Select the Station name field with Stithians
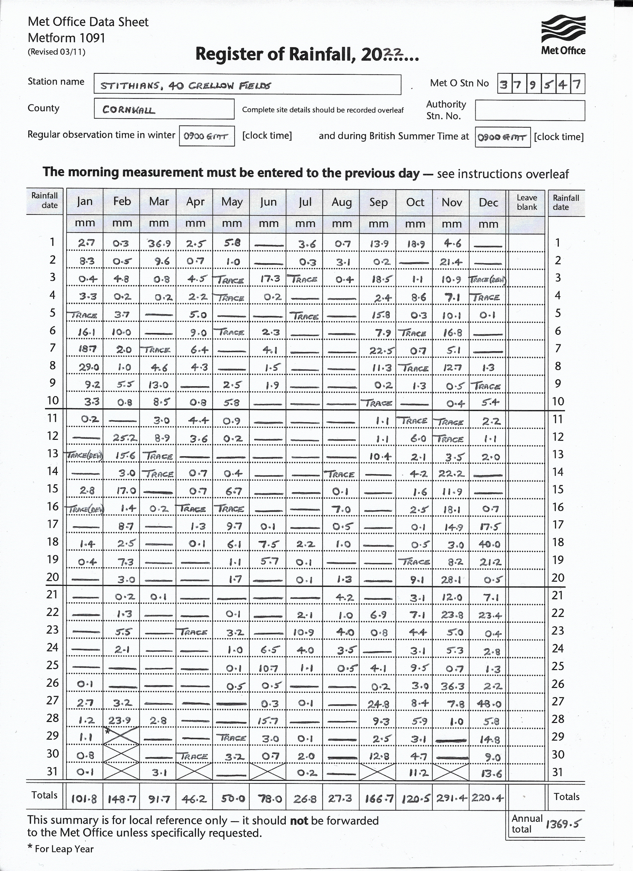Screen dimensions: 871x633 (x=247, y=84)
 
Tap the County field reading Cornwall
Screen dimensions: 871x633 (x=164, y=109)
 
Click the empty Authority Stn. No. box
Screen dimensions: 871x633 (x=530, y=111)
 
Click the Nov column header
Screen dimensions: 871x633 (x=451, y=202)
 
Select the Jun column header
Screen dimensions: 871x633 (x=268, y=202)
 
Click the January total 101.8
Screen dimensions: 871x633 (x=84, y=799)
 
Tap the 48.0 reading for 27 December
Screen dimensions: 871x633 (x=489, y=704)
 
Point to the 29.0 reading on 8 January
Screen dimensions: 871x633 (x=89, y=367)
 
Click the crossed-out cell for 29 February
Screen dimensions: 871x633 (x=121, y=736)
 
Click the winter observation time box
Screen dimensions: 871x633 (x=206, y=136)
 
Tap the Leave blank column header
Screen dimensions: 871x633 (x=527, y=202)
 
